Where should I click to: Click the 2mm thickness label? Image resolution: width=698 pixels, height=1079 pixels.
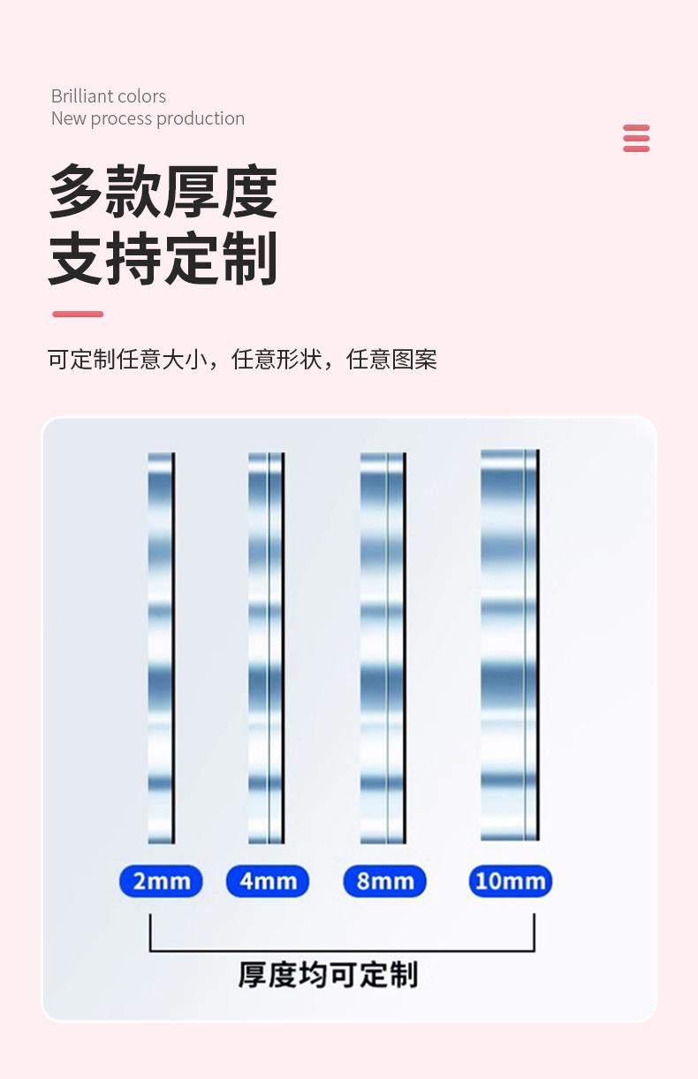click(x=161, y=881)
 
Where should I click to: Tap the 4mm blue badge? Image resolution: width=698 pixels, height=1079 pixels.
click(x=268, y=881)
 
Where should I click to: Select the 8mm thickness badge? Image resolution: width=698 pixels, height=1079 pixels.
click(x=384, y=881)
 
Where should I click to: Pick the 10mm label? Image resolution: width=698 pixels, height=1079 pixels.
click(x=510, y=881)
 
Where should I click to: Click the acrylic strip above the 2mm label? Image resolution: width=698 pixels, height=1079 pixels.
click(x=161, y=647)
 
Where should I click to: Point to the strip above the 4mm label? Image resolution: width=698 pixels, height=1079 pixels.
click(x=266, y=647)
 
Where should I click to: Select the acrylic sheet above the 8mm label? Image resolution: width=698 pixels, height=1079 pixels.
click(x=383, y=647)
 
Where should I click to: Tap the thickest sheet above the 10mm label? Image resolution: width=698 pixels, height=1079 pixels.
click(x=509, y=645)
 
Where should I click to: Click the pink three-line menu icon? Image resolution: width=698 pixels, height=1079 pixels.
click(x=636, y=139)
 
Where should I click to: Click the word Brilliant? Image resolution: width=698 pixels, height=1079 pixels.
click(x=82, y=96)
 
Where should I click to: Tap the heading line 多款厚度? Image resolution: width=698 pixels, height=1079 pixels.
click(x=163, y=192)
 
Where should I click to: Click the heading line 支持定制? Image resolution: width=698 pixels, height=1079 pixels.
click(x=163, y=258)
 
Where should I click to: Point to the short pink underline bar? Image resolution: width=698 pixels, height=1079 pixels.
click(x=78, y=314)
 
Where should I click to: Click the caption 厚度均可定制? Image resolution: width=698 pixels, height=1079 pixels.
click(x=328, y=975)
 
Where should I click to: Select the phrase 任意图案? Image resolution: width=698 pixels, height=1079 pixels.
click(x=391, y=360)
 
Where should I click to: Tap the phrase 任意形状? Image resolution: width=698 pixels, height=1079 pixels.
click(x=277, y=360)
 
